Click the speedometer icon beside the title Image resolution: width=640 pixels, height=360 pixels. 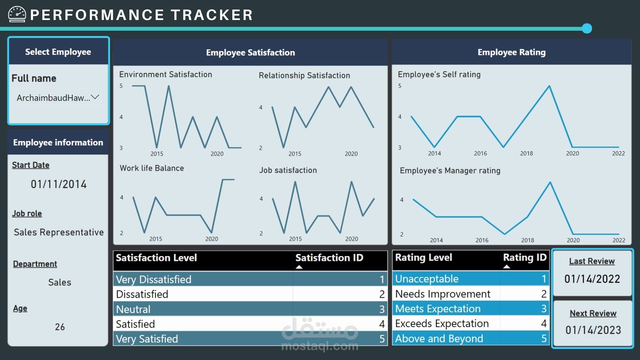[x=17, y=14]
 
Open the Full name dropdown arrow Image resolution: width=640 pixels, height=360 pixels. [x=95, y=97]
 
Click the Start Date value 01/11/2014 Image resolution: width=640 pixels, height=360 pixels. [x=59, y=184]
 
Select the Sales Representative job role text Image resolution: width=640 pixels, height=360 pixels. [x=59, y=232]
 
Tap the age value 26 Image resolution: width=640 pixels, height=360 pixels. [x=60, y=327]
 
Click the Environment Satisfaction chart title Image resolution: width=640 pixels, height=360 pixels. [x=166, y=74]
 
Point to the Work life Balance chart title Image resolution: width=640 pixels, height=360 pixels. [x=152, y=168]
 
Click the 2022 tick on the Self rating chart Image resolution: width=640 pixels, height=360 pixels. [x=618, y=153]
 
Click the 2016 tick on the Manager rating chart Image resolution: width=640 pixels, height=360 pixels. [x=482, y=240]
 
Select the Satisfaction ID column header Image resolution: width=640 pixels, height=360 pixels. [x=329, y=258]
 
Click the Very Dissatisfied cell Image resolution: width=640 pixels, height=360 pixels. [x=154, y=279]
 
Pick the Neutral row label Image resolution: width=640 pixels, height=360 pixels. [x=133, y=309]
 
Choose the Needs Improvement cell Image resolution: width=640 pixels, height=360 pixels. [x=443, y=294]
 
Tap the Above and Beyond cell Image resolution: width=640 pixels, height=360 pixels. [x=439, y=339]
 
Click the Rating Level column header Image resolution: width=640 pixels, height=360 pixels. [x=424, y=257]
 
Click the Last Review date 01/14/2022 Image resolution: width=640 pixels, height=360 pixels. [x=592, y=279]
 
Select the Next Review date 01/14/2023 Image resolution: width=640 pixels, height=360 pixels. [x=593, y=330]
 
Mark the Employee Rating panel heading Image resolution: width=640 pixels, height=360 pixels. [x=511, y=52]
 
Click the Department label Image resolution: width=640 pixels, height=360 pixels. [x=35, y=264]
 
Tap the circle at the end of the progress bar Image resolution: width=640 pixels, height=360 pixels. [x=587, y=28]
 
